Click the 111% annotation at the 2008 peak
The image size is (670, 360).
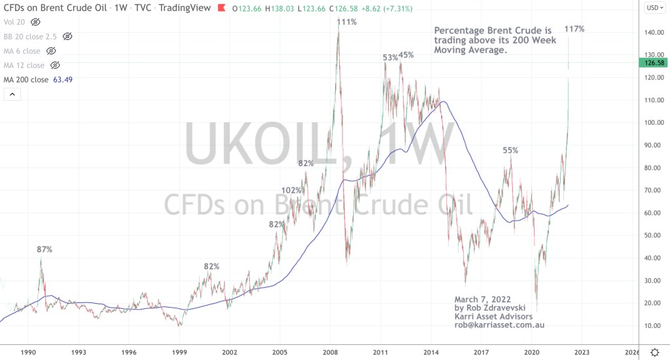click(x=347, y=22)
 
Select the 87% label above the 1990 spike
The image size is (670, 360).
click(x=44, y=249)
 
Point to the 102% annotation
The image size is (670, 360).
click(x=292, y=190)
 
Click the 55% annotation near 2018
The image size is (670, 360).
click(x=510, y=150)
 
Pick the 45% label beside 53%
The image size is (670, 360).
click(x=406, y=55)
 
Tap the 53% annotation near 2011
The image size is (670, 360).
click(x=391, y=58)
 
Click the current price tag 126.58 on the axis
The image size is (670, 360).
click(x=655, y=63)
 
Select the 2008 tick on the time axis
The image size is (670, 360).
click(x=330, y=352)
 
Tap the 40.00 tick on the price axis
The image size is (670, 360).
click(x=652, y=258)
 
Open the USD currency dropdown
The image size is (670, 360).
click(x=654, y=8)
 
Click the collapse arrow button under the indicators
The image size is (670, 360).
click(x=13, y=95)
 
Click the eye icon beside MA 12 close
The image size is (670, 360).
click(x=55, y=65)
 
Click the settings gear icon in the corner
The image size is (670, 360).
click(x=654, y=352)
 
